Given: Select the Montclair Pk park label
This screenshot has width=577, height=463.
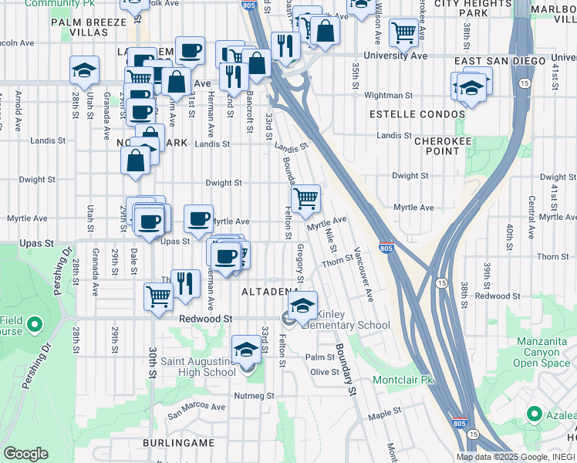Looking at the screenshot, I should tap(403, 380).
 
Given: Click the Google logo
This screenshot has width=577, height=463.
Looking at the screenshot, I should tap(25, 454).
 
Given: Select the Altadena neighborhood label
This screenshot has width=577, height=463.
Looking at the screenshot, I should tap(270, 292).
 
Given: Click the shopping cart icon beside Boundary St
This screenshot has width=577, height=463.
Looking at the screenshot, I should tap(306, 198).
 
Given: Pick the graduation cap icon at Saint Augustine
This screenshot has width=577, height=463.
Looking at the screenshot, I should tap(246, 350).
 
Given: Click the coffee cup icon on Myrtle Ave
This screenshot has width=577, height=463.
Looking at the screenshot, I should tap(198, 218).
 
